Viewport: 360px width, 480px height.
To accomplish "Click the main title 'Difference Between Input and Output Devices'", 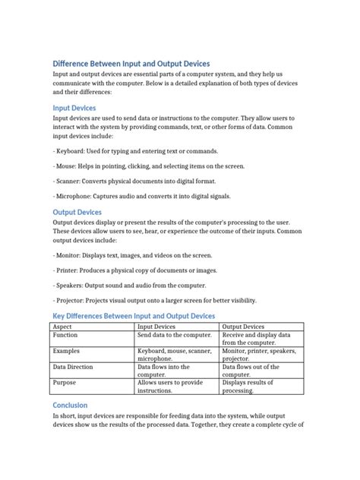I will click(131, 64).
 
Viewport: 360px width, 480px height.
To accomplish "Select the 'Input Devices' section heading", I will click(74, 108).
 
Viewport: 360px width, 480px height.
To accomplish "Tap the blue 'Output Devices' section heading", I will click(77, 212).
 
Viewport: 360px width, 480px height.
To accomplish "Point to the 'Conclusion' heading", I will click(70, 406).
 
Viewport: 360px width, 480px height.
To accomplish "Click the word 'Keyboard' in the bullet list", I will click(71, 153).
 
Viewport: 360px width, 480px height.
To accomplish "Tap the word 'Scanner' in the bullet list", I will click(69, 182).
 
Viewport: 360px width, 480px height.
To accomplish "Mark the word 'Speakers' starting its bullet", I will click(71, 285).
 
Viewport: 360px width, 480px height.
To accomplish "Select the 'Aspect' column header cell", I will click(63, 327).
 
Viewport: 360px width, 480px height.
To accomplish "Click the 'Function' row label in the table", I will click(65, 335).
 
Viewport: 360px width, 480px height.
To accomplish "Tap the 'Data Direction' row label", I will click(73, 367).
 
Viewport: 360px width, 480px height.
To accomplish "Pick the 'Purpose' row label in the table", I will click(65, 384).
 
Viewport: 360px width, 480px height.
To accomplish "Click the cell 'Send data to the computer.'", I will click(174, 335).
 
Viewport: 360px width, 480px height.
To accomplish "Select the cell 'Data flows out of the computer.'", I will click(251, 371).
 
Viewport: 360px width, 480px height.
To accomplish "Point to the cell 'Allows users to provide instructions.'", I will click(170, 387).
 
